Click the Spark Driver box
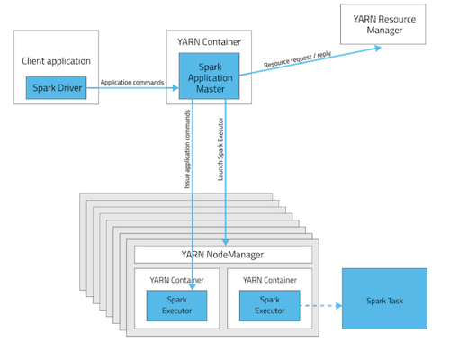tap(56, 88)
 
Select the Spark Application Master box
tap(209, 76)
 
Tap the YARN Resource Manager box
tap(383, 24)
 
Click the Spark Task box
tap(384, 299)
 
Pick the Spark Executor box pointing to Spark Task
tap(270, 306)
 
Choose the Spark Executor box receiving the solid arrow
tap(176, 306)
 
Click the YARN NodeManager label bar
tap(223, 255)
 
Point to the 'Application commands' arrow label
tap(132, 83)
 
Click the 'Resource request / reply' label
tap(298, 59)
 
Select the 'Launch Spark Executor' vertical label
tap(220, 149)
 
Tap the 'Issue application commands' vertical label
tap(187, 149)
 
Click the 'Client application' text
tap(56, 61)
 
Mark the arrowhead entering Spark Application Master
tap(175, 88)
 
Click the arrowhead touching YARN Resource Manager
tap(378, 48)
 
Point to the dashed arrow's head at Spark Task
tap(339, 306)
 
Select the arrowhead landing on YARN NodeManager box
tap(226, 242)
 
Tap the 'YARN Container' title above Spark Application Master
tap(209, 42)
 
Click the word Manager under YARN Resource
tap(384, 31)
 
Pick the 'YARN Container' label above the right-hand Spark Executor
tap(270, 280)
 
